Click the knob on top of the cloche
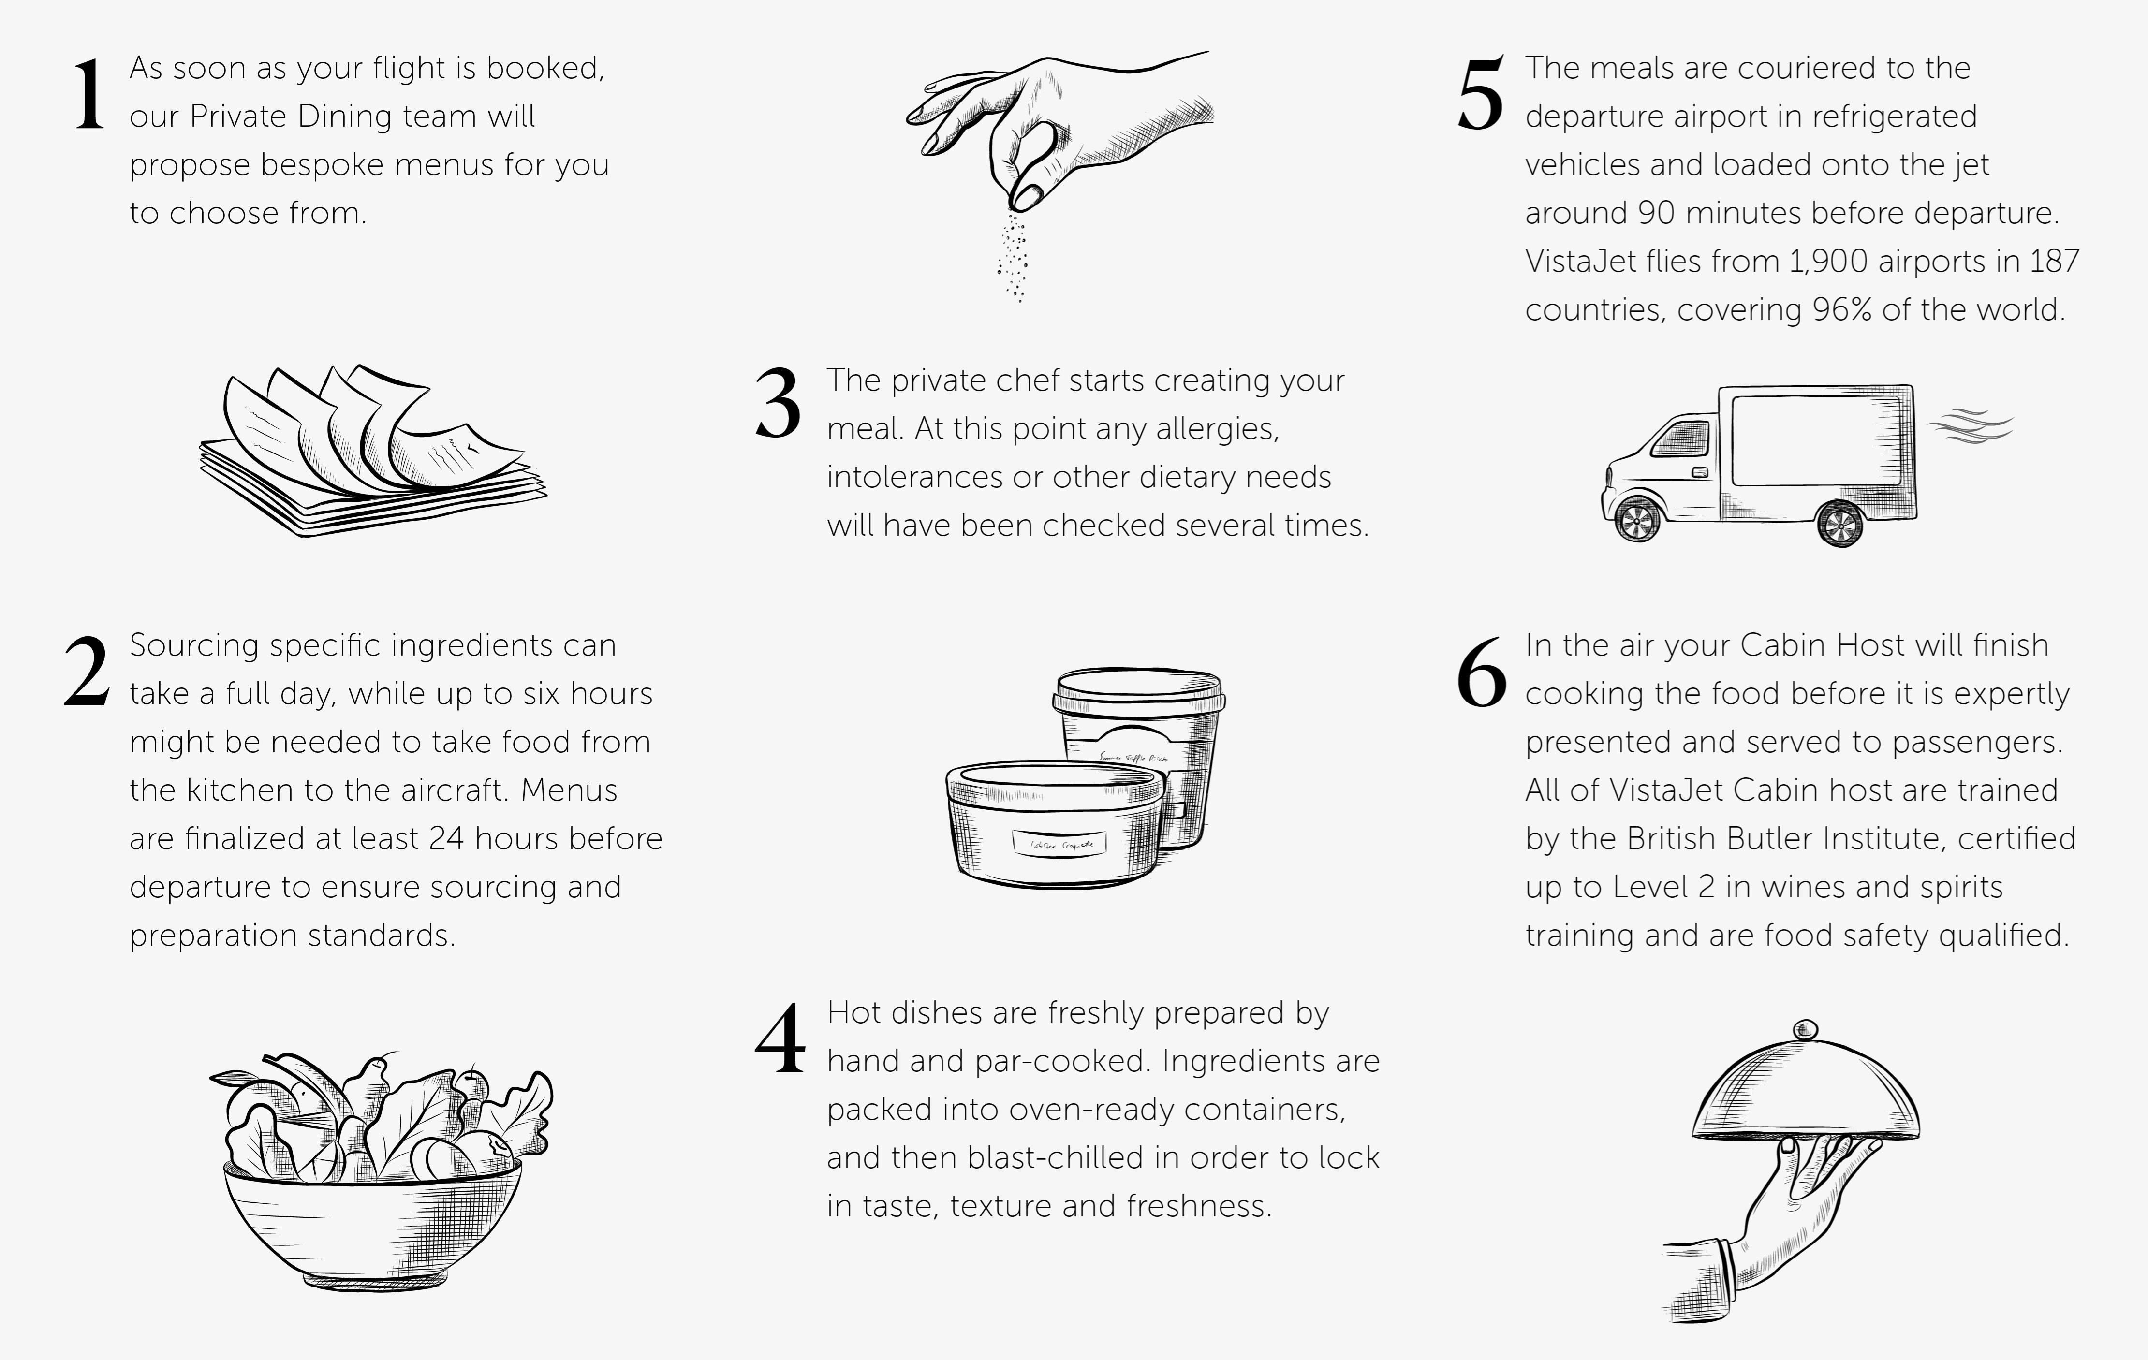click(1806, 1030)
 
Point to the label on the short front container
click(1059, 843)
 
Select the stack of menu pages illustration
click(373, 451)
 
